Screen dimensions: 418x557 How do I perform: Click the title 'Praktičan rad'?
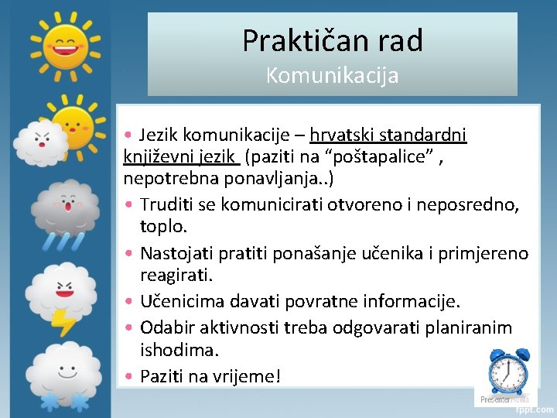click(333, 40)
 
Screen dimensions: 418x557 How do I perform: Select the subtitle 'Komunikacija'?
click(333, 76)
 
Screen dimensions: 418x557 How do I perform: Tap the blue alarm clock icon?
click(508, 372)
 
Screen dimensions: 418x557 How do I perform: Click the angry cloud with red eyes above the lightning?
click(63, 287)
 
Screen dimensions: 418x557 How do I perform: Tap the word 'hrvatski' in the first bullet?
click(340, 135)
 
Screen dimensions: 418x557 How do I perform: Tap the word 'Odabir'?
click(164, 327)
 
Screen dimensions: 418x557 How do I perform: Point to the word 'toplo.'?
click(164, 228)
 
